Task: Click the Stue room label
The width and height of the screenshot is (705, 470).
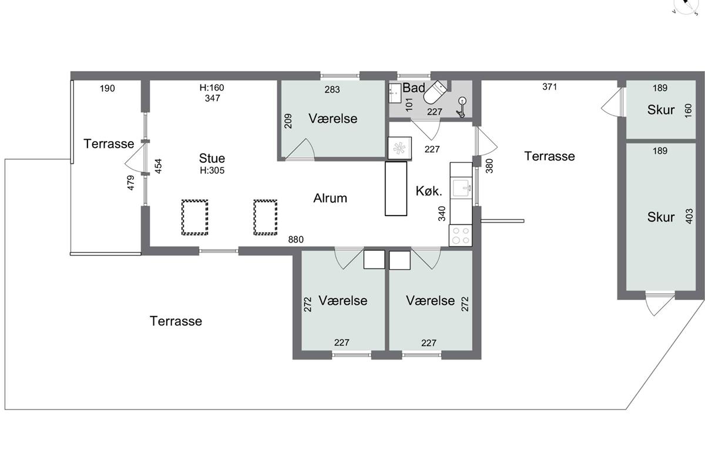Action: pyautogui.click(x=212, y=158)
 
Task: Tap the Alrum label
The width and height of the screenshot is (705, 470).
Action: pyautogui.click(x=330, y=198)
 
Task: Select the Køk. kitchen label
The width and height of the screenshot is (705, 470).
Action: pyautogui.click(x=429, y=191)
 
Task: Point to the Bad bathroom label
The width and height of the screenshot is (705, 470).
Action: pyautogui.click(x=414, y=88)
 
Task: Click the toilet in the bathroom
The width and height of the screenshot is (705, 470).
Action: pyautogui.click(x=435, y=92)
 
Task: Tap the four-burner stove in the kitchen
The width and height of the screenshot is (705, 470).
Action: pyautogui.click(x=461, y=236)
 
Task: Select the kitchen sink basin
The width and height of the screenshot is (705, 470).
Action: pyautogui.click(x=462, y=188)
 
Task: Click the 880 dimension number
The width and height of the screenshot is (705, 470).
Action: pyautogui.click(x=296, y=240)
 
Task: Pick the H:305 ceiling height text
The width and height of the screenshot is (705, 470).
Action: pyautogui.click(x=212, y=170)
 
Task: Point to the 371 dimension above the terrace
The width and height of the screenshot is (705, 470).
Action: pyautogui.click(x=549, y=87)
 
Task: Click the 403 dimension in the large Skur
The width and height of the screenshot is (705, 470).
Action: pyautogui.click(x=689, y=216)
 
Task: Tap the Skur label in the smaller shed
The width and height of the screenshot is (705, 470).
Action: pyautogui.click(x=661, y=110)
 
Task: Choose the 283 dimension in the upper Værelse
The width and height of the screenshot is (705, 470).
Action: pyautogui.click(x=332, y=90)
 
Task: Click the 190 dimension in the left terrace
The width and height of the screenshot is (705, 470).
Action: pyautogui.click(x=108, y=89)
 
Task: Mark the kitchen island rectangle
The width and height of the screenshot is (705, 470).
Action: pyautogui.click(x=396, y=189)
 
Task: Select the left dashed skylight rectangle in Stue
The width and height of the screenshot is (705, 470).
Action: pyautogui.click(x=195, y=217)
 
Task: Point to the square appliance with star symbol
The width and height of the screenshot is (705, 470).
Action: pyautogui.click(x=399, y=147)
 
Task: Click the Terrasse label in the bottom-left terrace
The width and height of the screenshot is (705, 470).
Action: pyautogui.click(x=176, y=321)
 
